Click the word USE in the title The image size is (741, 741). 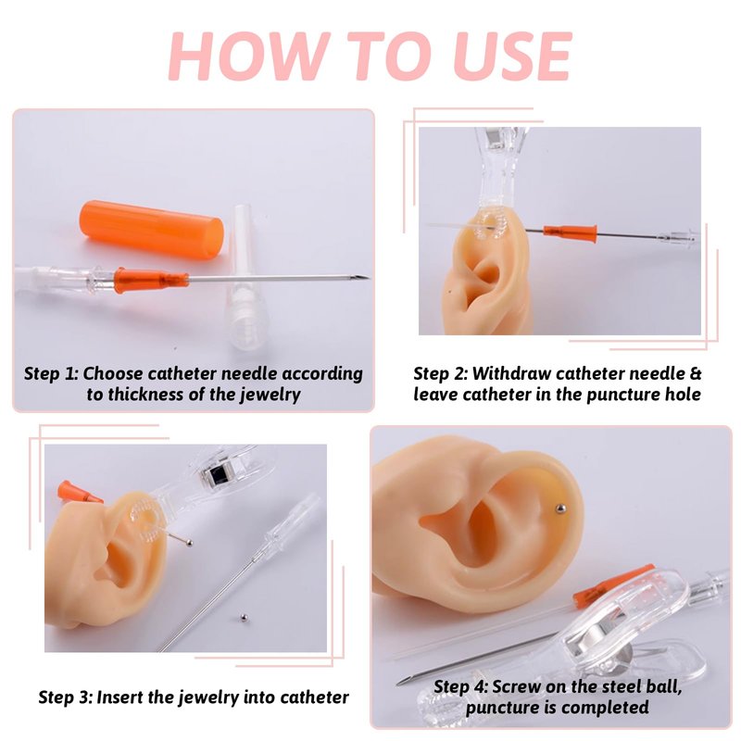coord(513,57)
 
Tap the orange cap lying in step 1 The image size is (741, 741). coord(152,230)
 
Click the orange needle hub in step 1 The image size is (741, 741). coord(151,280)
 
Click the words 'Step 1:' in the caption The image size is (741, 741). coord(51,374)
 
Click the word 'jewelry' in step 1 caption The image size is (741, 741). coord(270,395)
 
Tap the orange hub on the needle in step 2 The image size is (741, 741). coord(571,232)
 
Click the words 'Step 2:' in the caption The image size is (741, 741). coord(441,374)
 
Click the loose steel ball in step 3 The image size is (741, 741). coord(244,617)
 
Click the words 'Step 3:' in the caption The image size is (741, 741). coord(65,697)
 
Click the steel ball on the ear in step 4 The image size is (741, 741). coord(560,509)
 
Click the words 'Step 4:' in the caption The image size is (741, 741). coord(460,686)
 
